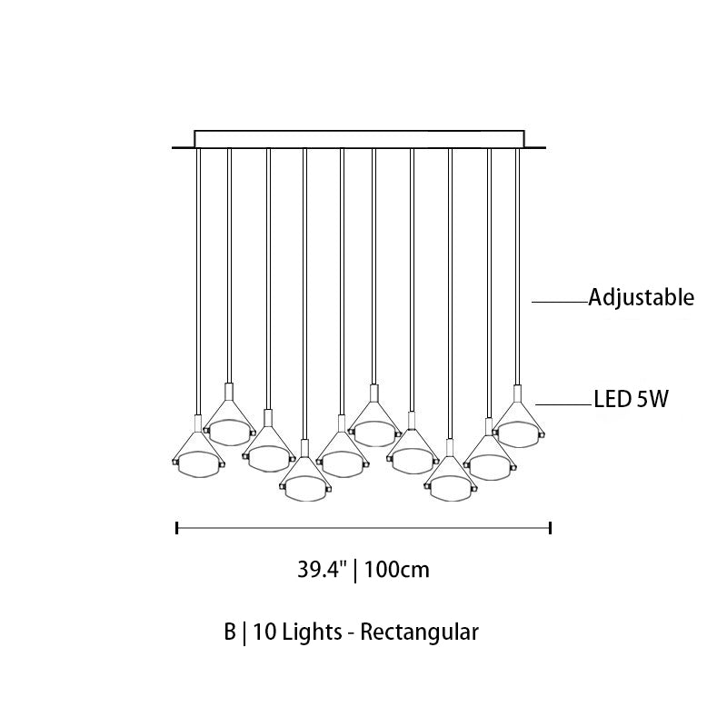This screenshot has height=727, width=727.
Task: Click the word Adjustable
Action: (642, 297)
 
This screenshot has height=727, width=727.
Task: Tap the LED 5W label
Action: (631, 399)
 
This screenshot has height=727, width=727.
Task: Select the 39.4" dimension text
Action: (322, 570)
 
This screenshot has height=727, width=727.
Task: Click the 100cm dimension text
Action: (397, 570)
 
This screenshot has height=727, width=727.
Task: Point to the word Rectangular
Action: (419, 632)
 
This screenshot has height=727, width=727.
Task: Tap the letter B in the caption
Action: (230, 632)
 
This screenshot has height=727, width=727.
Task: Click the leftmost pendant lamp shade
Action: (198, 463)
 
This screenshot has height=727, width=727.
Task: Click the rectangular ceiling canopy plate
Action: (359, 139)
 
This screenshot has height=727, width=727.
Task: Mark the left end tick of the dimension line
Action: (177, 528)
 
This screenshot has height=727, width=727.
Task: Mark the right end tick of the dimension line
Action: (550, 528)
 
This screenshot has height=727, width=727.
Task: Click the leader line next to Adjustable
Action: (560, 303)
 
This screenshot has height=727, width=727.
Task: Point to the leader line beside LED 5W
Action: (564, 404)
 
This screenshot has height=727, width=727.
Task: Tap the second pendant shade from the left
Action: (229, 431)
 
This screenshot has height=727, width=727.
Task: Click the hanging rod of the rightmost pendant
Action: (518, 266)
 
